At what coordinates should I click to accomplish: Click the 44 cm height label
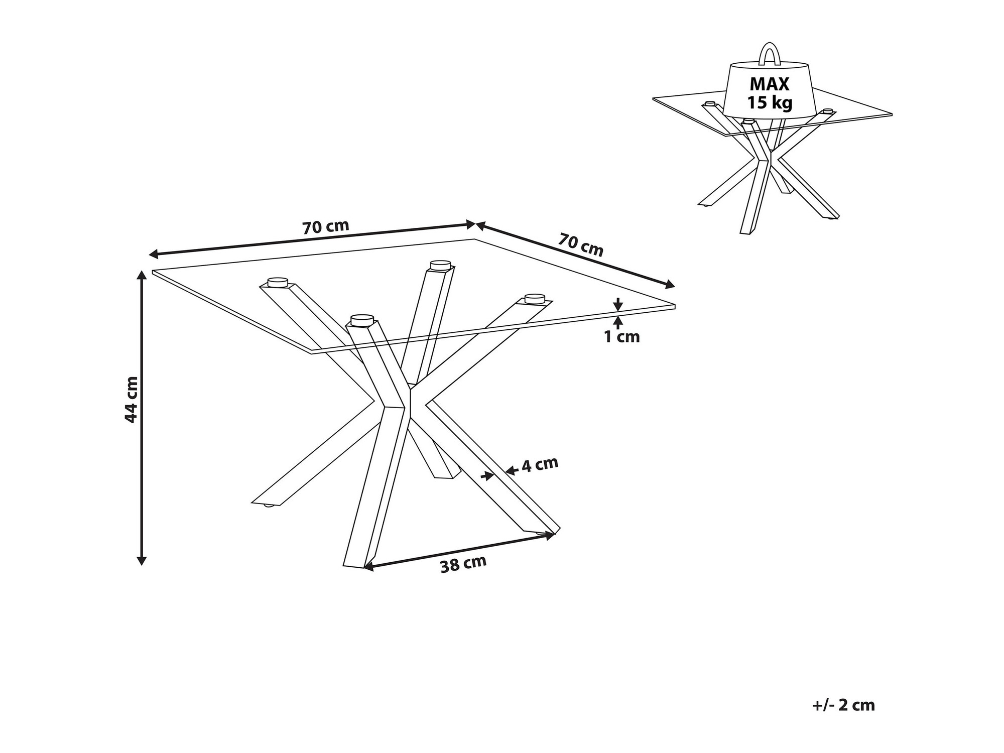[x=131, y=399]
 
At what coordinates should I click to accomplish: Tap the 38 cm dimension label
[x=463, y=564]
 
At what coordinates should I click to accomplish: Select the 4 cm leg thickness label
[x=540, y=464]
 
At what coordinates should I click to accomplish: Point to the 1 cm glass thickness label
[x=622, y=337]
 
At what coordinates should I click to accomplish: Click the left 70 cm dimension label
[x=325, y=227]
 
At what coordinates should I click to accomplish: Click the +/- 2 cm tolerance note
[x=843, y=705]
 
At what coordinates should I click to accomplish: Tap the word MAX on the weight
[x=770, y=84]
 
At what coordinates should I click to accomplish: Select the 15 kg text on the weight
[x=770, y=102]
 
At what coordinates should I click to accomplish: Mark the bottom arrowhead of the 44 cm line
[x=142, y=560]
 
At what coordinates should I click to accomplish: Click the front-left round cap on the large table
[x=362, y=320]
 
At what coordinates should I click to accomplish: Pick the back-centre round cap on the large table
[x=440, y=265]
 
